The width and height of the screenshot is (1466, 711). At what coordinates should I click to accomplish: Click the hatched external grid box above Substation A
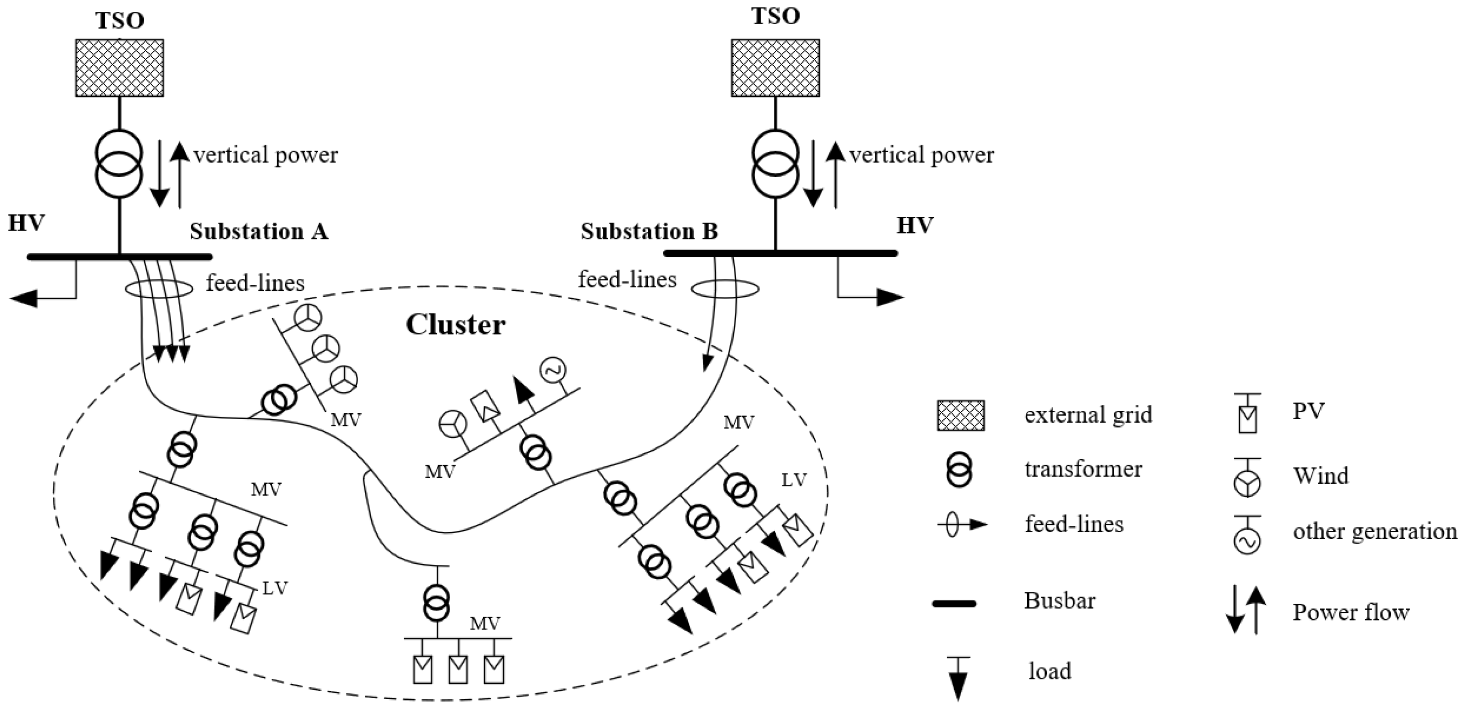(x=120, y=68)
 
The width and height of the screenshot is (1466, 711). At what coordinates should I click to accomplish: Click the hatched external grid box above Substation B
(x=775, y=68)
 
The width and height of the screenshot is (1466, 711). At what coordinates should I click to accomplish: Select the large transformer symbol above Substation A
(x=119, y=164)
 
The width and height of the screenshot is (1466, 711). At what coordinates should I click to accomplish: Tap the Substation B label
(x=649, y=232)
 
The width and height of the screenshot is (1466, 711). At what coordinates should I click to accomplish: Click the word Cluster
(x=455, y=325)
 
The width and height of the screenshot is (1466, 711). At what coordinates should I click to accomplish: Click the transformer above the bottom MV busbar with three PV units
(x=436, y=603)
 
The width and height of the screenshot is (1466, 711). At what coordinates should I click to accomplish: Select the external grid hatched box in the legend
(x=961, y=415)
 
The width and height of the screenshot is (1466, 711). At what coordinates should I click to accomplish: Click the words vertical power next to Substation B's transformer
(x=921, y=155)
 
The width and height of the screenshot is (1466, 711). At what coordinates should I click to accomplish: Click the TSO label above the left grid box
(x=120, y=20)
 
